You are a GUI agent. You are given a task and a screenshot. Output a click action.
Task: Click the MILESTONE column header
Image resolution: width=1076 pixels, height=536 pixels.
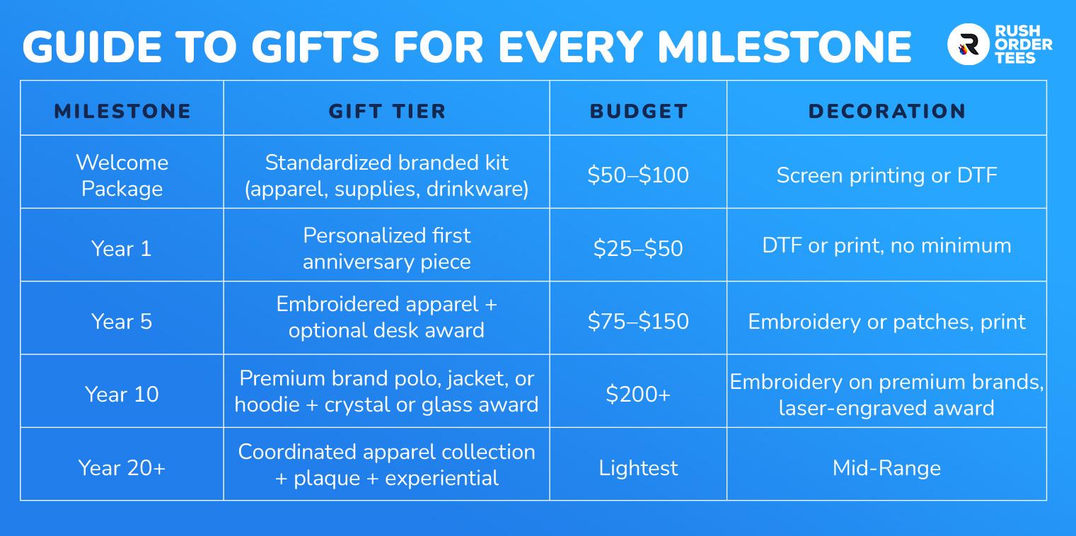click(x=122, y=112)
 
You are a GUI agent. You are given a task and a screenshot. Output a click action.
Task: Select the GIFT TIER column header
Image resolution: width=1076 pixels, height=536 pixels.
click(x=387, y=112)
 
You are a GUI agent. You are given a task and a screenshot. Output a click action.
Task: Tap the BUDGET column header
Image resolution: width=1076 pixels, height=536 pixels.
click(x=638, y=112)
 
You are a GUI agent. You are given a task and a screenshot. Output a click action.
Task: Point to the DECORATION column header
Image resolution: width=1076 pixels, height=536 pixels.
click(x=886, y=112)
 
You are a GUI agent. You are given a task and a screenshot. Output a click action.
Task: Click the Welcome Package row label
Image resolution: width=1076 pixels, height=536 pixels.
click(x=122, y=175)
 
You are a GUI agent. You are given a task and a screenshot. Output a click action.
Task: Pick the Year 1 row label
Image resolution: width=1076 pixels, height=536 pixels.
click(x=122, y=249)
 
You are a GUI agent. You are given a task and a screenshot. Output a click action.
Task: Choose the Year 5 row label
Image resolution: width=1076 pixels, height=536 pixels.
click(x=122, y=321)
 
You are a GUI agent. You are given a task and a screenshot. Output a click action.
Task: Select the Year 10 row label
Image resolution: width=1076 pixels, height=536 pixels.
click(x=122, y=395)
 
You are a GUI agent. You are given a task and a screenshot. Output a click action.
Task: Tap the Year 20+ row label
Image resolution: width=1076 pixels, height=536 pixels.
click(x=122, y=467)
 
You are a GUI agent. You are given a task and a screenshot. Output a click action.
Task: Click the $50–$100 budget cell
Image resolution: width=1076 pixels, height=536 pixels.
click(x=638, y=175)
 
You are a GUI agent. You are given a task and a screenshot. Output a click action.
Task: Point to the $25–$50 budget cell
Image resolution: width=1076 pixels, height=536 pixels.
click(x=638, y=248)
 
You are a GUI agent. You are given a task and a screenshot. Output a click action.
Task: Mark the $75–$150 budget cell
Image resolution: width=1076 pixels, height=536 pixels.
click(x=638, y=321)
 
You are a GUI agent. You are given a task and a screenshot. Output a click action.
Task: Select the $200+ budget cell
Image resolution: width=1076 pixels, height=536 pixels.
click(x=638, y=394)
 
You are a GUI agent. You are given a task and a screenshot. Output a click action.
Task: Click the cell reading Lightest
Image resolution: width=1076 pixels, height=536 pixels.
click(x=638, y=468)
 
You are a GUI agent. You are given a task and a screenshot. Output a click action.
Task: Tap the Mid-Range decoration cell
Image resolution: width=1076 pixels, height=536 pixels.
click(x=886, y=468)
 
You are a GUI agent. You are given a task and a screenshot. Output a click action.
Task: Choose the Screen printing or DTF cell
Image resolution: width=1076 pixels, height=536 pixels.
click(x=886, y=175)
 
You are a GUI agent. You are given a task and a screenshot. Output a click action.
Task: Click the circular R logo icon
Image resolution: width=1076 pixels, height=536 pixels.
click(x=968, y=44)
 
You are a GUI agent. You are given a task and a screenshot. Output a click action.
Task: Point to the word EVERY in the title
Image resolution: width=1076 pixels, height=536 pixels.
click(x=571, y=47)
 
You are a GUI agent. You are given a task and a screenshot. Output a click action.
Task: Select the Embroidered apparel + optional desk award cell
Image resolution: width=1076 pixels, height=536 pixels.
click(x=387, y=317)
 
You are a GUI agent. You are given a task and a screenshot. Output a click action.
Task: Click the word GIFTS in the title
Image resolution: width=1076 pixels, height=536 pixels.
click(x=315, y=47)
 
